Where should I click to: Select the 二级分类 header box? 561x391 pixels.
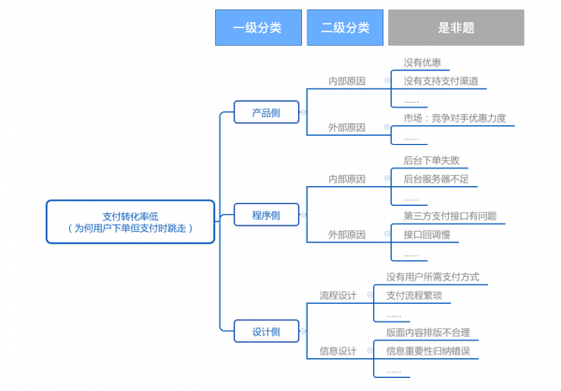[344, 27]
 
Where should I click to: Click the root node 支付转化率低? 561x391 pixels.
[130, 222]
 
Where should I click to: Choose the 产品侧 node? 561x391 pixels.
[266, 112]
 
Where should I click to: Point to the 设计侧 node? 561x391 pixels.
[266, 329]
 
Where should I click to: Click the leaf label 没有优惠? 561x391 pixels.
[422, 64]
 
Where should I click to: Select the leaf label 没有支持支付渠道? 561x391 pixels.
[440, 81]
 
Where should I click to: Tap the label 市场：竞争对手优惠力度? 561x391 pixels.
[460, 119]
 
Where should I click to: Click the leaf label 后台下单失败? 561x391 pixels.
[431, 161]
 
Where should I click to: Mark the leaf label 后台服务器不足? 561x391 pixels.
[435, 179]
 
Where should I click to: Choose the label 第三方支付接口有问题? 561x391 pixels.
[450, 216]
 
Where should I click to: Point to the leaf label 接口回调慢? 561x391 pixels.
[426, 235]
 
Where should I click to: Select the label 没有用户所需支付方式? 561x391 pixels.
[432, 277]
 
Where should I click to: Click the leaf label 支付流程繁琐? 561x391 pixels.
[413, 296]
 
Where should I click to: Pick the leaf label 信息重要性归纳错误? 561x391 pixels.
[427, 352]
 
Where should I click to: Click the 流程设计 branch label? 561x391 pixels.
[338, 296]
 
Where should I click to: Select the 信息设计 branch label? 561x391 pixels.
[338, 352]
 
